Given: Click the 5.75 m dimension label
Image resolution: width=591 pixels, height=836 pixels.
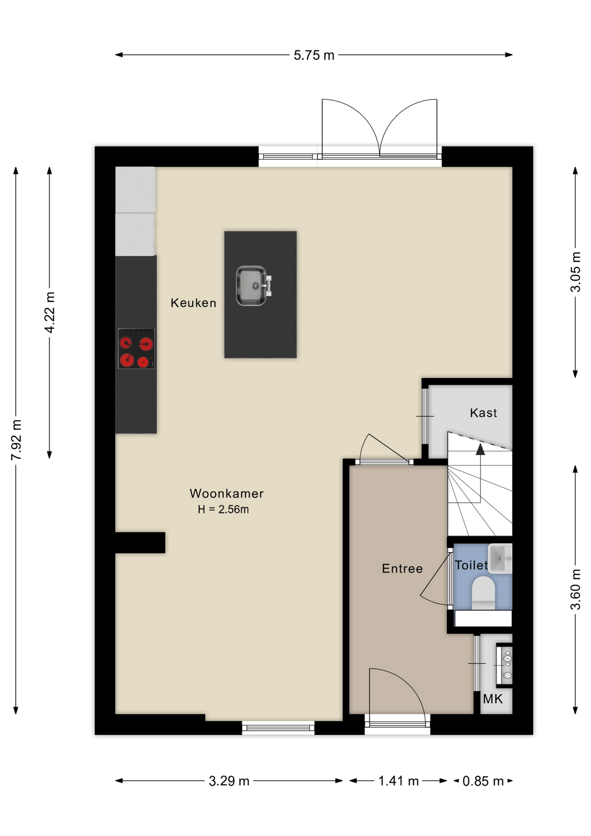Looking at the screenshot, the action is (314, 55).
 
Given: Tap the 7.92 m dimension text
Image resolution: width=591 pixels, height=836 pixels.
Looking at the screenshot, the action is (16, 440).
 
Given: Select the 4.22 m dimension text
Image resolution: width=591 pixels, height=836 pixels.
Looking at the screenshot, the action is (50, 313).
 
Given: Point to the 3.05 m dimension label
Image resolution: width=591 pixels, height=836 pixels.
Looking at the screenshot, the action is (575, 272).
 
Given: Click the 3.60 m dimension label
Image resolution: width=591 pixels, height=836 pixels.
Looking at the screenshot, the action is (575, 589).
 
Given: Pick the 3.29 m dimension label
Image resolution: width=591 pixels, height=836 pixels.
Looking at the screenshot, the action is (229, 781).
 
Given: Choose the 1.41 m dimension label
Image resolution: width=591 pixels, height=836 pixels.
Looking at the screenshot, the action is (398, 781).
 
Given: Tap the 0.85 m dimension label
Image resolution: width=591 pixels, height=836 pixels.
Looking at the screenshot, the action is (483, 781).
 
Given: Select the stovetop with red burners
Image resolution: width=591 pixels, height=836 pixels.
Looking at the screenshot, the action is (136, 348).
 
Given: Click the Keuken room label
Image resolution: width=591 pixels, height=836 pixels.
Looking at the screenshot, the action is (193, 303).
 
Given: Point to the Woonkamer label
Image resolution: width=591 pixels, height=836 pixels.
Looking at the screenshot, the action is (227, 493).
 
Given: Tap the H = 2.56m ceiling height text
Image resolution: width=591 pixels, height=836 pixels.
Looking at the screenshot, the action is (223, 509).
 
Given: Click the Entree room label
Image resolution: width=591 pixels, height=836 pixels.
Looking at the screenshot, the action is (402, 568).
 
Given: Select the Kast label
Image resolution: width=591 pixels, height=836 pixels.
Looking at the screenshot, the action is (483, 413).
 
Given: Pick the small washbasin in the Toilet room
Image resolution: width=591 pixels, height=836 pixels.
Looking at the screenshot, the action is (500, 558).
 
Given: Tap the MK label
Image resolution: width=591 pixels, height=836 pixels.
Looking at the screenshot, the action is (493, 699).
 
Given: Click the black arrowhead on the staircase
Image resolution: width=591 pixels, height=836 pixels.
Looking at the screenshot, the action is (480, 449).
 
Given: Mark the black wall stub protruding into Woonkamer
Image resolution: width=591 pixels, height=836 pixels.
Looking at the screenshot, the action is (140, 543).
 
